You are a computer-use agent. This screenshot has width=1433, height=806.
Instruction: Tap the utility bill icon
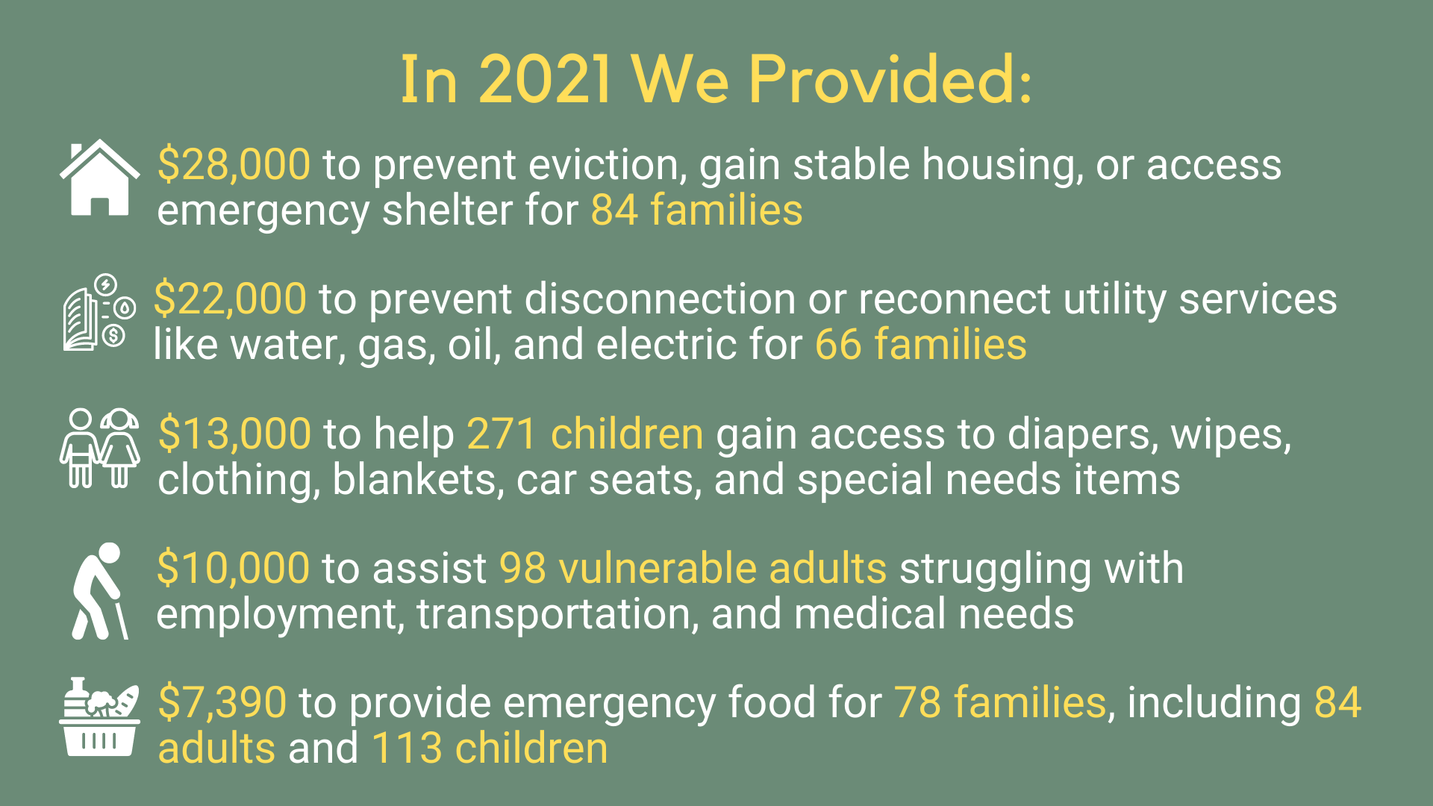(x=99, y=312)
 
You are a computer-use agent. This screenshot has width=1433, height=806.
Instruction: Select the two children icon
(x=99, y=448)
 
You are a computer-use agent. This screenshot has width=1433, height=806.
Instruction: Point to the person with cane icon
(x=100, y=590)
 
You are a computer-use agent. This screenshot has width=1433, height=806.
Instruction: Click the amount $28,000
(x=234, y=164)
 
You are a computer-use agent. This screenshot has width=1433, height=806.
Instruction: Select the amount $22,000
(x=230, y=299)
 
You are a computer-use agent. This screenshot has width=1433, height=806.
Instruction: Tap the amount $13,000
(x=234, y=434)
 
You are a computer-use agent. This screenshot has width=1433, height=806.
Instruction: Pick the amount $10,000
(x=233, y=568)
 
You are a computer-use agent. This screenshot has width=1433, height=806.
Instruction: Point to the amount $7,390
(x=222, y=702)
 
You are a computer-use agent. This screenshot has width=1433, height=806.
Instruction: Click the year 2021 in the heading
(x=545, y=79)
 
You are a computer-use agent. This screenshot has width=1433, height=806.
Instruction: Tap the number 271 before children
(x=501, y=434)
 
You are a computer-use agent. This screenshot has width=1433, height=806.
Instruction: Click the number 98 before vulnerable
(x=522, y=568)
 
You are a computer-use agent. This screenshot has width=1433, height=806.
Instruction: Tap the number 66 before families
(x=838, y=344)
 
